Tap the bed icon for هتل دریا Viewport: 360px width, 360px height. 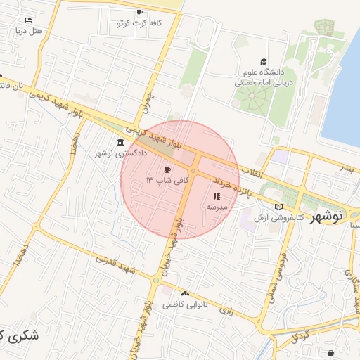tap(28, 20)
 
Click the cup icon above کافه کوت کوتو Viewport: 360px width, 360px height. tap(139, 13)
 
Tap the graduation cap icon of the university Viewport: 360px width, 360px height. tap(264, 62)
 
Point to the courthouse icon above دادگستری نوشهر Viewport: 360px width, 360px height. tap(112, 142)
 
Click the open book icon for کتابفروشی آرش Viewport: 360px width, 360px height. tap(279, 207)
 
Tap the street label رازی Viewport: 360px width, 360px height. tap(226, 308)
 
